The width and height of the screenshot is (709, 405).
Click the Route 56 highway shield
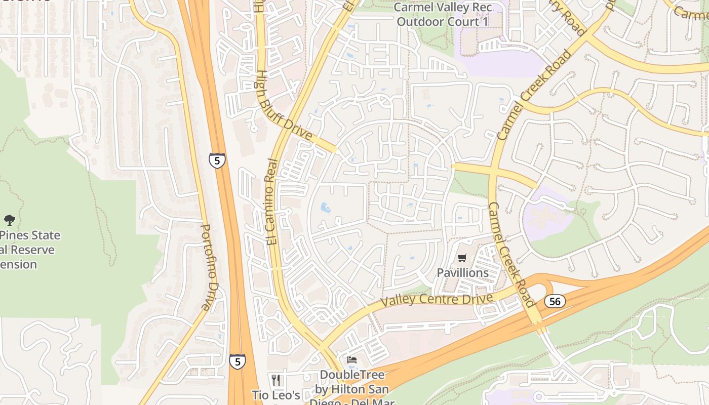pos(555,301)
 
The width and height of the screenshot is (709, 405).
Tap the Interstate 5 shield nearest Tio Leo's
pos(237,361)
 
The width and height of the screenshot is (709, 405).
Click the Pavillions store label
pos(463,273)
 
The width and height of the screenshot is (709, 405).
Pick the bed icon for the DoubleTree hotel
pos(352,360)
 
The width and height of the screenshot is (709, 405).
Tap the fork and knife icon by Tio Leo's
pos(276,380)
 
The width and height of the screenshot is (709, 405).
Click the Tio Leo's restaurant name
pos(276,395)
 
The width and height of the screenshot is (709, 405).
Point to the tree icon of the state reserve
pos(9,220)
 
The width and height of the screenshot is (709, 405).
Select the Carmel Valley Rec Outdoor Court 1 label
pos(443,15)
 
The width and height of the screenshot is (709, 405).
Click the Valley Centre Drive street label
pos(437,299)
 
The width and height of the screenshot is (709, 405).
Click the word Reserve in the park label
pos(31,250)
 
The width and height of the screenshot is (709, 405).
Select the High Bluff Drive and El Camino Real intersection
pos(335,150)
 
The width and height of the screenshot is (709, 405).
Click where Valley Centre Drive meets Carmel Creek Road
pos(519,289)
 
